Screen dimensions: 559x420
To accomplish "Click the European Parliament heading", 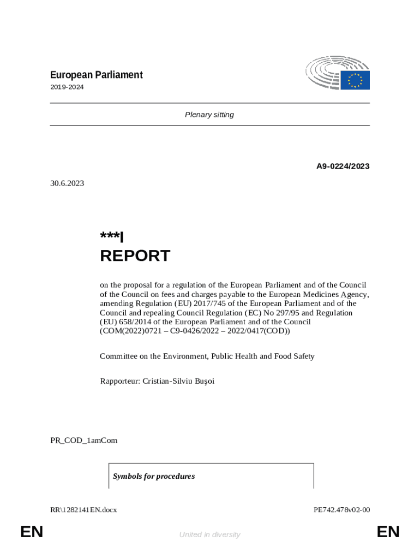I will pyautogui.click(x=97, y=75).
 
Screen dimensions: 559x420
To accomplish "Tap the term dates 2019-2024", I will pyautogui.click(x=67, y=87).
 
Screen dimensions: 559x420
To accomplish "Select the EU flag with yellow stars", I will pyautogui.click(x=356, y=80).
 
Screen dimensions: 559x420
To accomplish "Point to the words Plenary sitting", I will pyautogui.click(x=209, y=115).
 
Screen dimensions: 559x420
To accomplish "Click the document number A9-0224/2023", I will pyautogui.click(x=343, y=166).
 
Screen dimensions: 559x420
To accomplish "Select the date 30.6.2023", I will pyautogui.click(x=67, y=183).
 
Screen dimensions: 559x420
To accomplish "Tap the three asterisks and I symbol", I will pyautogui.click(x=112, y=237).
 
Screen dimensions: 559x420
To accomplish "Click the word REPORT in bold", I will pyautogui.click(x=135, y=255).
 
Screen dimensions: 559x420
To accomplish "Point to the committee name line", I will pyautogui.click(x=207, y=356).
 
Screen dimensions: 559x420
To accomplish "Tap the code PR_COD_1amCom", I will pyautogui.click(x=83, y=440).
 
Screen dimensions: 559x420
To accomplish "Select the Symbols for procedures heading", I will pyautogui.click(x=154, y=476).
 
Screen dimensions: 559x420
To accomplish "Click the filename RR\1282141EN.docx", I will pyautogui.click(x=83, y=510).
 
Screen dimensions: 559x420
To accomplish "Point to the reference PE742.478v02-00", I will pyautogui.click(x=342, y=510).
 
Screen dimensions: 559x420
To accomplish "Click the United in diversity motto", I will pyautogui.click(x=209, y=535).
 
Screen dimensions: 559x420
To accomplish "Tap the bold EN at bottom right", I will pyautogui.click(x=388, y=532).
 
